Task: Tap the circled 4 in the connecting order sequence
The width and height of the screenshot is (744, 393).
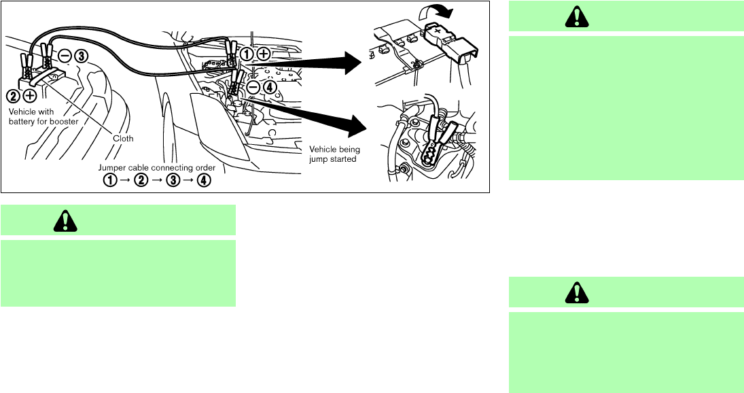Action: click(x=204, y=180)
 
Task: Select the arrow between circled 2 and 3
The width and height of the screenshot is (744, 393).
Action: click(x=157, y=181)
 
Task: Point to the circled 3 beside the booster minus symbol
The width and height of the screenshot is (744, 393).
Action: click(x=81, y=56)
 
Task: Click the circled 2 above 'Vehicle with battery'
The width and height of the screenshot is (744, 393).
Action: click(x=14, y=96)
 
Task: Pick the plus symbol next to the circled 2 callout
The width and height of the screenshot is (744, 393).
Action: click(x=29, y=96)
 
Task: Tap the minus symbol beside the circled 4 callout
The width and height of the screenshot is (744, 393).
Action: click(x=253, y=87)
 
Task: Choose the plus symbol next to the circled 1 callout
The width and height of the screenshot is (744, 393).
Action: click(x=264, y=54)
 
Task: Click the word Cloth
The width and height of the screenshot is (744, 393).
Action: click(x=123, y=139)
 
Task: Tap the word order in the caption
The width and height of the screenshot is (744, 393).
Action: click(x=205, y=167)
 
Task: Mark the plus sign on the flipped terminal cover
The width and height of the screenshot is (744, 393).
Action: click(x=438, y=29)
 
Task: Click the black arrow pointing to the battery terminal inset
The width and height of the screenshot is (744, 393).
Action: click(x=304, y=62)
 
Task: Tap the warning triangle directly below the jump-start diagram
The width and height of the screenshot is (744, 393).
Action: click(x=65, y=221)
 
